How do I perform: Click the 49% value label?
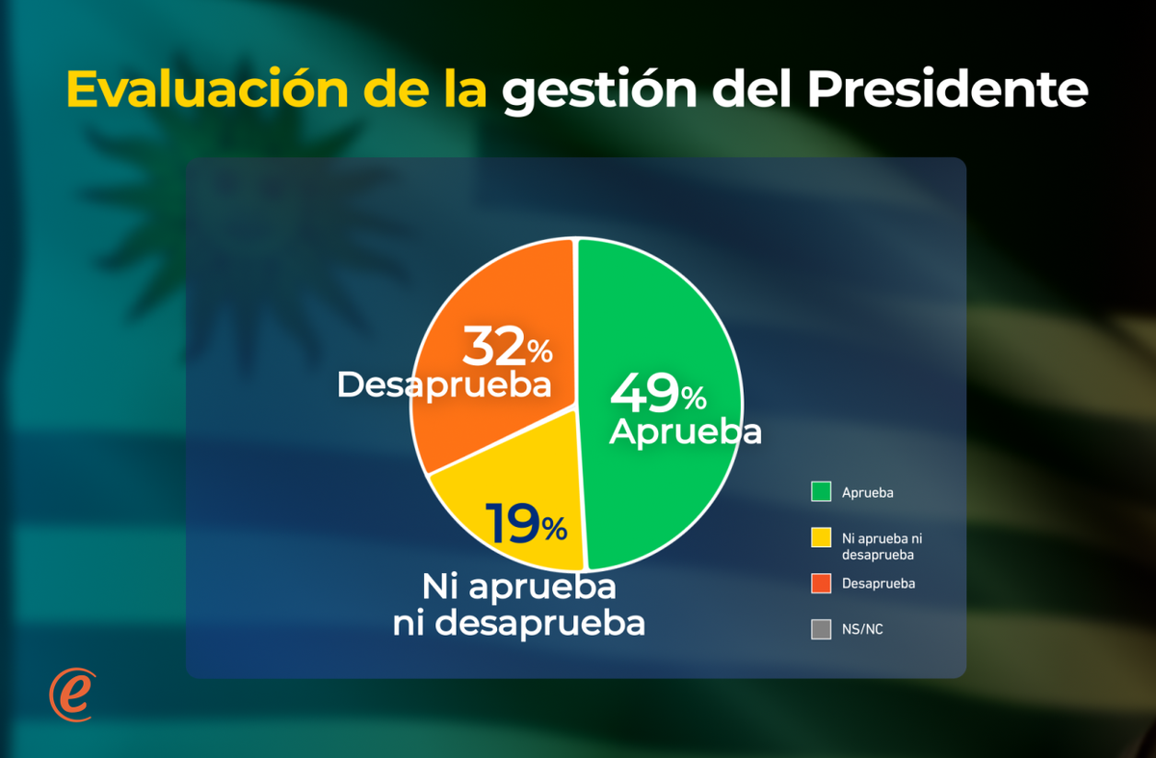point(658,394)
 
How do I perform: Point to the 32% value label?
point(508,346)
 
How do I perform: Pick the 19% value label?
point(526,523)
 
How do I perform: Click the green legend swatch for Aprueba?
point(821,491)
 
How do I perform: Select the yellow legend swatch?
point(821,537)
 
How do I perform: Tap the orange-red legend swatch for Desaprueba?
point(821,583)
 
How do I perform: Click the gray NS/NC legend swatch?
point(821,629)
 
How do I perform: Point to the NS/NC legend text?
point(862,629)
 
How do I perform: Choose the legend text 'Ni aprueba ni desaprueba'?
point(882,546)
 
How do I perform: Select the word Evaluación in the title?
point(207,89)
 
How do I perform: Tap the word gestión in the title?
point(599,91)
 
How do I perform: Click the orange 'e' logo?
point(72,694)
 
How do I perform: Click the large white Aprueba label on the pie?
point(685,431)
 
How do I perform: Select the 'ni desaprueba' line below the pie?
point(518,623)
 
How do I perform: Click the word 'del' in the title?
point(751,89)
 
